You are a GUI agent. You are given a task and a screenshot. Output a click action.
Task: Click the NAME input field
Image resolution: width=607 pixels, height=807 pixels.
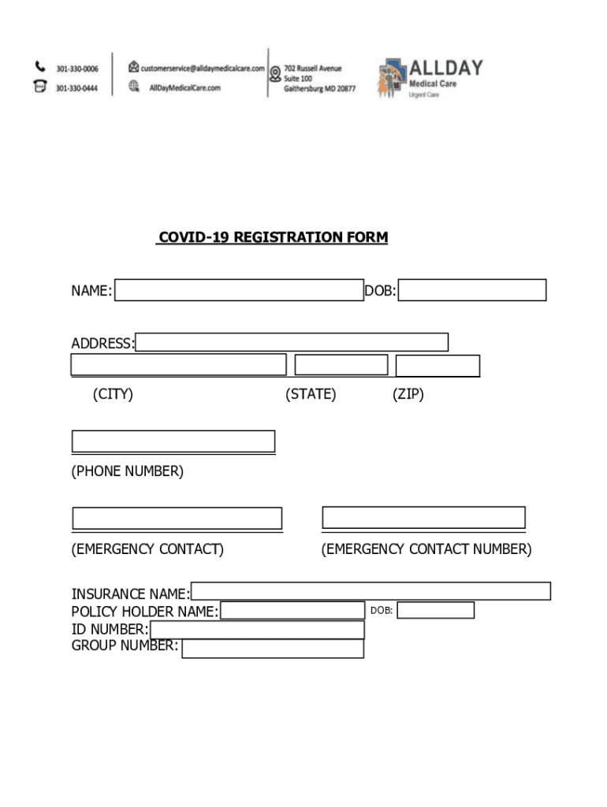[x=239, y=290]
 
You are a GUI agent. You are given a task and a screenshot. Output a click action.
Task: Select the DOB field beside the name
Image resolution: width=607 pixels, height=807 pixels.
[x=472, y=290]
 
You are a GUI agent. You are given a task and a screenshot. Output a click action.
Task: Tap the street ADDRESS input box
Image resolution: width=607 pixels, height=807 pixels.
[x=292, y=342]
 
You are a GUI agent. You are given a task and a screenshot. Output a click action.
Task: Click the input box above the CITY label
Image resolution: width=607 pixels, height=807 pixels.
[x=178, y=365]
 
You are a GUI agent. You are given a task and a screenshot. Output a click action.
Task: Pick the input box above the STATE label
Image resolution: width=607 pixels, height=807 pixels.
[x=341, y=365]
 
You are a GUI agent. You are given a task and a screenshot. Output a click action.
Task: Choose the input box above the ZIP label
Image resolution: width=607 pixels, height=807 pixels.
[x=438, y=366]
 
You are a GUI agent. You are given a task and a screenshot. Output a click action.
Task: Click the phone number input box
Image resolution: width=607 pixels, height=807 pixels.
[x=173, y=441]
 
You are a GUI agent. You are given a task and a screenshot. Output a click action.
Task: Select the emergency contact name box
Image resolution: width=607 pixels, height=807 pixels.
[x=177, y=518]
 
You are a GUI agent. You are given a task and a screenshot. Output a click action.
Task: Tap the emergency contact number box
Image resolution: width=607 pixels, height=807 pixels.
[x=424, y=517]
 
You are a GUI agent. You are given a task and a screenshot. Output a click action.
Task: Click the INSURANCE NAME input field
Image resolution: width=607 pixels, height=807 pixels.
[x=371, y=591]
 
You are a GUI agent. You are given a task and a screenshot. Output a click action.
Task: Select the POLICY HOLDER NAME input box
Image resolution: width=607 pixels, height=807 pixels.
[x=292, y=611]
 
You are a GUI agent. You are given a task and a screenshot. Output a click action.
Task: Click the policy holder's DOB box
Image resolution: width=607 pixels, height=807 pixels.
[x=435, y=610]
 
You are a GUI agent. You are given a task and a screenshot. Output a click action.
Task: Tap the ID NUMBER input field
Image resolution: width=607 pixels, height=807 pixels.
[x=257, y=630]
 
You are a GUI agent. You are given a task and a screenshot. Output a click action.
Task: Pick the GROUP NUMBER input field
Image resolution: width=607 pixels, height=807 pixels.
[x=273, y=649]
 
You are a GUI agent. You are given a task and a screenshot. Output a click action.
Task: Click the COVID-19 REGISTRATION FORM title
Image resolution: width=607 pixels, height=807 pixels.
[x=273, y=237]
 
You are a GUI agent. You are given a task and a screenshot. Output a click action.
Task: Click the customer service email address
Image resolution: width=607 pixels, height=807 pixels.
[x=203, y=68]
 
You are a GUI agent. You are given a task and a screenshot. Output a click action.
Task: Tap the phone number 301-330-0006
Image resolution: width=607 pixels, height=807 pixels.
[x=76, y=69]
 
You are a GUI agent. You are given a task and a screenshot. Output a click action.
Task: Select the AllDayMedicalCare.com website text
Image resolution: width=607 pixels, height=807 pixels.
[x=184, y=88]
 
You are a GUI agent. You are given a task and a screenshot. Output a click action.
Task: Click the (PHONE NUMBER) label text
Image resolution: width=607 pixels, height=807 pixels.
[x=128, y=471]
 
